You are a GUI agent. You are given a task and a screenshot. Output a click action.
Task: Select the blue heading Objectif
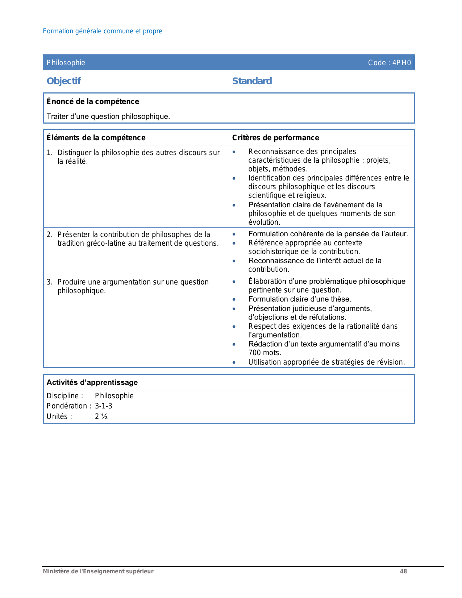[x=64, y=81]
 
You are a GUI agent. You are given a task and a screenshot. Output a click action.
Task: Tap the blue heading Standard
[x=252, y=81]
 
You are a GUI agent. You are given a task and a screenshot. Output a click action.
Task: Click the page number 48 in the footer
[x=403, y=571]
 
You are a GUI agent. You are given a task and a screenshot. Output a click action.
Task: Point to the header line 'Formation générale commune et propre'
[x=103, y=31]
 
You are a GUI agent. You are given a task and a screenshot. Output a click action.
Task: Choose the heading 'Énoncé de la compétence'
[x=93, y=101]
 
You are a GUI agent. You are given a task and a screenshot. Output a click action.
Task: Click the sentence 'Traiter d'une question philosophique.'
[x=108, y=116]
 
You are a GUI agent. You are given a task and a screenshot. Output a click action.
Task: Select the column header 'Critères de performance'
[x=275, y=138]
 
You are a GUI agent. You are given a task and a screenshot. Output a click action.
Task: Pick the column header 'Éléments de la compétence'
[x=96, y=138]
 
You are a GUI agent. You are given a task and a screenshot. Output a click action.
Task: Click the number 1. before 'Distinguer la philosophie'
[x=50, y=153]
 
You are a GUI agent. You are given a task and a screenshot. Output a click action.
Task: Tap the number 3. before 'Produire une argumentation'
[x=50, y=282]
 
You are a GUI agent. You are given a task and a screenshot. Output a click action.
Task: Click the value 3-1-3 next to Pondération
[x=104, y=406]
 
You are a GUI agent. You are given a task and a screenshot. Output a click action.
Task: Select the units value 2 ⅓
[x=101, y=416]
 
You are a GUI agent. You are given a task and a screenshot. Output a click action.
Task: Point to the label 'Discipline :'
[x=65, y=396]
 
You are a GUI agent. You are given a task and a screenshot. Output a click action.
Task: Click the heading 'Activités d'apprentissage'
[x=92, y=382]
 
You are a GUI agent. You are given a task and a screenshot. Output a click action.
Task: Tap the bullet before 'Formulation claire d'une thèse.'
[x=234, y=299]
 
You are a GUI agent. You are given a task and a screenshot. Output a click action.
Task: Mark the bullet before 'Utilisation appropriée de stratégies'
[x=234, y=362]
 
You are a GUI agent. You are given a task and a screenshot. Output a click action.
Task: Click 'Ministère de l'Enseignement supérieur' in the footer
[x=98, y=571]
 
